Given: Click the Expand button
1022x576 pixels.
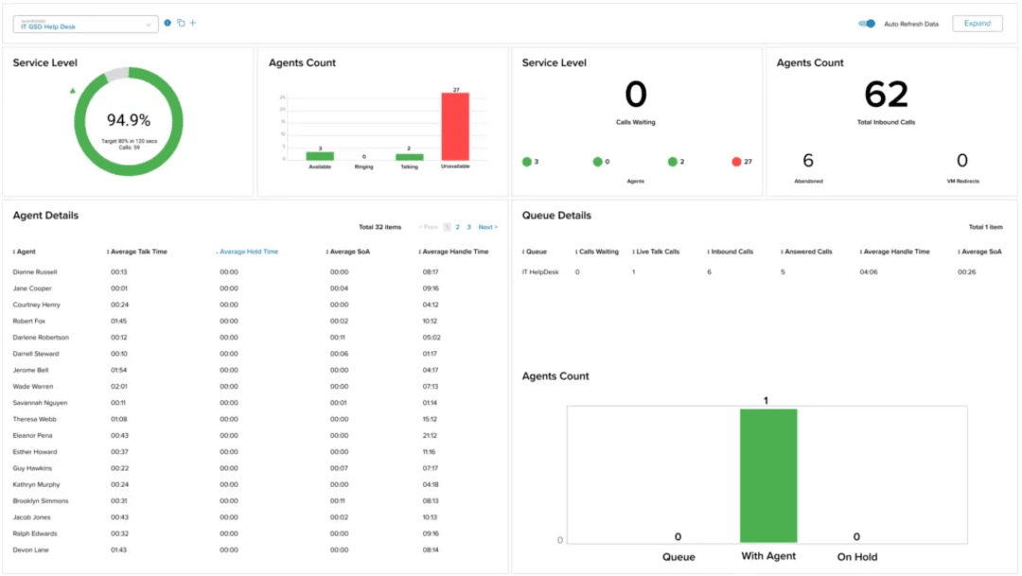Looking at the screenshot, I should click(x=977, y=24).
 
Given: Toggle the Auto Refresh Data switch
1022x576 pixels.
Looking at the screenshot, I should click(x=867, y=24).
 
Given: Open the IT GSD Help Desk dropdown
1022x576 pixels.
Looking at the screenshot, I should click(x=85, y=25).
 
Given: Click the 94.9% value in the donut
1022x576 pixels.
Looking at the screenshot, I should click(x=128, y=120).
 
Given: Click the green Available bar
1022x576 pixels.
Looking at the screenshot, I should click(x=320, y=156).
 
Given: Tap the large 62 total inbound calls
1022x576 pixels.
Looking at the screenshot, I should click(x=886, y=95).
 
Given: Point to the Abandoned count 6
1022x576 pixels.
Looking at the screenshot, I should click(x=808, y=161).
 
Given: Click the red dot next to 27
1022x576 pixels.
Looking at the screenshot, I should click(x=735, y=162).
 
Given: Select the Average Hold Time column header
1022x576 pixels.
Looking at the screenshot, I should click(x=249, y=252).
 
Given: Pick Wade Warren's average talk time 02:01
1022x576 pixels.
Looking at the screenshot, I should click(x=119, y=386).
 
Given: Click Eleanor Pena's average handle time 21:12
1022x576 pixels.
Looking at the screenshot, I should click(x=431, y=435).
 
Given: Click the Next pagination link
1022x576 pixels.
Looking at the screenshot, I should click(x=487, y=227).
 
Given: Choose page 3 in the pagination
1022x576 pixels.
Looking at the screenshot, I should click(x=468, y=227).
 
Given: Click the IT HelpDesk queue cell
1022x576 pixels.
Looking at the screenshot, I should click(x=540, y=271).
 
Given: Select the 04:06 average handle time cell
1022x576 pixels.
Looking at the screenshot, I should click(x=871, y=271).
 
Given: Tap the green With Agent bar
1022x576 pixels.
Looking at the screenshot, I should click(x=767, y=476).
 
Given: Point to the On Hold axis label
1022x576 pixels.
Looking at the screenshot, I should click(x=856, y=557).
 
